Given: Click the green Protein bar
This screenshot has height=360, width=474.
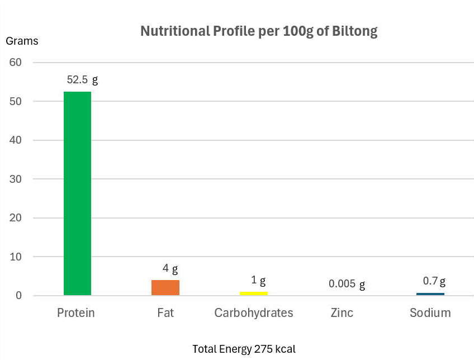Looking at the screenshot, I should coord(77,193).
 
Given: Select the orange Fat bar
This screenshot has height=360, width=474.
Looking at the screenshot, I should coord(165,287).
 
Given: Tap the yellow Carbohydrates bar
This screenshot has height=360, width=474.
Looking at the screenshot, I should coord(254,293).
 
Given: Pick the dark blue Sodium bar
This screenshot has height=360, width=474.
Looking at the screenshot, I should coord(430,294).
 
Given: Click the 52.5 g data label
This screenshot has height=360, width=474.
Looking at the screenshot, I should coord(82,79).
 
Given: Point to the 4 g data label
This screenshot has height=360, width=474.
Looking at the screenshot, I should coord(170,269).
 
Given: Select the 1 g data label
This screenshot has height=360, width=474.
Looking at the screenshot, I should coord(258,280).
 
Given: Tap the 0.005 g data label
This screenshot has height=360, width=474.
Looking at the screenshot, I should coord(347,284).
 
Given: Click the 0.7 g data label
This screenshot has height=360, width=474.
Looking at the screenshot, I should coord(434,281).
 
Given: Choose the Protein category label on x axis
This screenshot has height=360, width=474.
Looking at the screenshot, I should coord(76,312).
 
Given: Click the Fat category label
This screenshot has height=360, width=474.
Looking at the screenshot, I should coord(165,312).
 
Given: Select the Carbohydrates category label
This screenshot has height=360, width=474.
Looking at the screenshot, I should coord(254,312).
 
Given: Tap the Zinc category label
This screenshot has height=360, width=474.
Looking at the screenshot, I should coord(342,312).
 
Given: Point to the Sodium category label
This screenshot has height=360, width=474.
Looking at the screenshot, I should coord(430,312).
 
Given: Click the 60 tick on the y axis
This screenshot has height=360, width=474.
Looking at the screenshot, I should coord(16,63).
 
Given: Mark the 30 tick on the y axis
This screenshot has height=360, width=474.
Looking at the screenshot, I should coord(16,179).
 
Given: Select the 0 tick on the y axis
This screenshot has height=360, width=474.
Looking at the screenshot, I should coord(18,296).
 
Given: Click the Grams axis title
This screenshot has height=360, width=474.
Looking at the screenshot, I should coord(22,41).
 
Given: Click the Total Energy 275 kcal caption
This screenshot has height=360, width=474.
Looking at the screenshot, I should coord(244,349).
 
